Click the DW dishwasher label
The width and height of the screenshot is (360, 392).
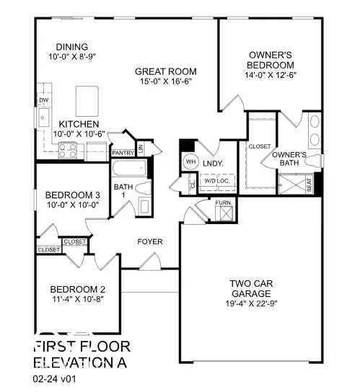(x=43, y=100)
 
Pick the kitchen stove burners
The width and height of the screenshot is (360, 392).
(x=67, y=151)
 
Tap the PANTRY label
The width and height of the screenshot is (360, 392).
(x=122, y=153)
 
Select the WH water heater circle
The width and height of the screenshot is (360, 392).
(x=191, y=161)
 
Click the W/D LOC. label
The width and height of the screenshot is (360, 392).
(x=215, y=179)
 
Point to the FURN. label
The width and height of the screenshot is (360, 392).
(x=224, y=204)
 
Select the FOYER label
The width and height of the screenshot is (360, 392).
(x=151, y=241)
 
